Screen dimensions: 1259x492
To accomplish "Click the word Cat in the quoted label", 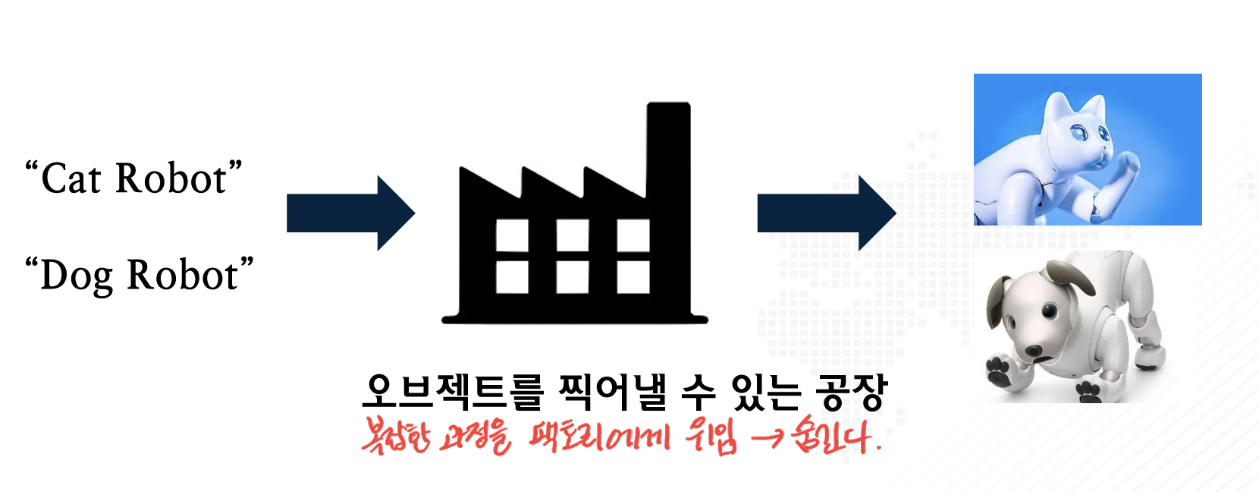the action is [x=71, y=178].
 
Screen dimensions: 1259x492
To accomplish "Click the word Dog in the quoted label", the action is [x=77, y=276].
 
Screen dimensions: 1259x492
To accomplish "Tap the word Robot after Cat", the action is [x=171, y=178].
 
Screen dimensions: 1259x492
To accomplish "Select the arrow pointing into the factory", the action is [x=350, y=213].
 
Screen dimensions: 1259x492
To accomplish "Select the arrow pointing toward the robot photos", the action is [x=827, y=213].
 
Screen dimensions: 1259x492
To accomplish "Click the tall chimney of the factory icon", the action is [x=668, y=149].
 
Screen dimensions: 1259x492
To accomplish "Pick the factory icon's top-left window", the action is [x=512, y=235].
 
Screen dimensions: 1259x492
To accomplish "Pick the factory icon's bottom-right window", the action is [x=633, y=277].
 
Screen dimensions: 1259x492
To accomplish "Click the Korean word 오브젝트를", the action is [x=453, y=391].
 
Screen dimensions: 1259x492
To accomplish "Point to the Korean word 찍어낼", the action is [x=614, y=391].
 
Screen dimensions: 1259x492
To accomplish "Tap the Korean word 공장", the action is [x=850, y=391].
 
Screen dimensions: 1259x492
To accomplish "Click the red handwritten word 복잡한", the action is [x=397, y=437].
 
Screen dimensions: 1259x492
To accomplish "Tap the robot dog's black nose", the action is [x=1033, y=351].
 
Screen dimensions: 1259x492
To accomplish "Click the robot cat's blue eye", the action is [x=1080, y=134].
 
